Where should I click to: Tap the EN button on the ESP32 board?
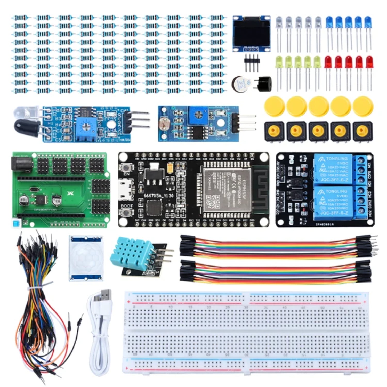point(126,167)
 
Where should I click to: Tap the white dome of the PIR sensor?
point(86,258)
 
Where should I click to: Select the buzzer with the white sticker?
point(241,84)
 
